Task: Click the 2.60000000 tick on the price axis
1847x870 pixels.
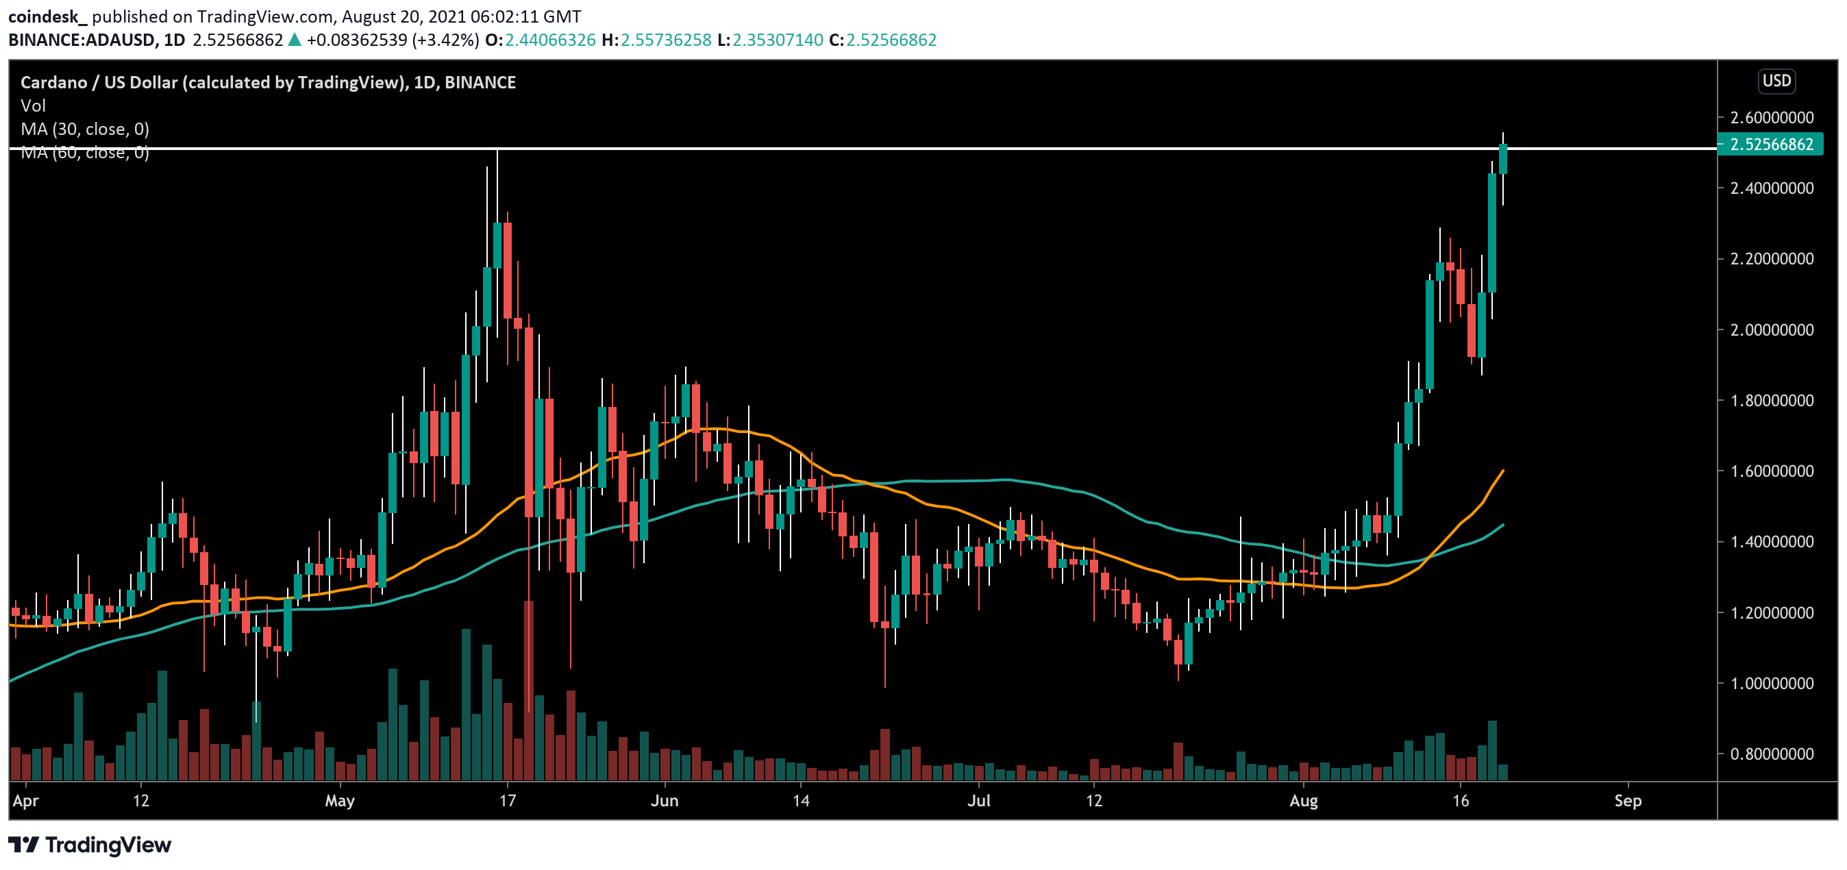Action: [x=1771, y=117]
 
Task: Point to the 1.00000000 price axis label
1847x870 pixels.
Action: [x=1771, y=683]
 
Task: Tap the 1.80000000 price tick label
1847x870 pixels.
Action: [x=1771, y=400]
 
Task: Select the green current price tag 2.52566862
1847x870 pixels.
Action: [x=1771, y=144]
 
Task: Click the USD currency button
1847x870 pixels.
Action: [x=1776, y=81]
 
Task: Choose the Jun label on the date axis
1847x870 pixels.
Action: [x=664, y=800]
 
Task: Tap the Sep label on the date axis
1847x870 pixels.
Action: [x=1628, y=800]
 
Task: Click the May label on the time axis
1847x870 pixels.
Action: [x=339, y=800]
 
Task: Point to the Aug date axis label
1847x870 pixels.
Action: [x=1303, y=800]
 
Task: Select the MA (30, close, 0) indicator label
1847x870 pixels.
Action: [x=84, y=129]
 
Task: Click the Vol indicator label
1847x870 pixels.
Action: [x=33, y=105]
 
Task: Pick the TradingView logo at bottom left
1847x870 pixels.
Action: [x=90, y=845]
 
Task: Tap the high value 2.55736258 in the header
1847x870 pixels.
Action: [x=665, y=40]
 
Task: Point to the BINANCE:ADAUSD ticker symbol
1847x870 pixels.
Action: [x=81, y=40]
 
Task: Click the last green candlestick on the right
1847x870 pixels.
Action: [x=1502, y=158]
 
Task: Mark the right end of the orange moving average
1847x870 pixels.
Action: [x=1503, y=471]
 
